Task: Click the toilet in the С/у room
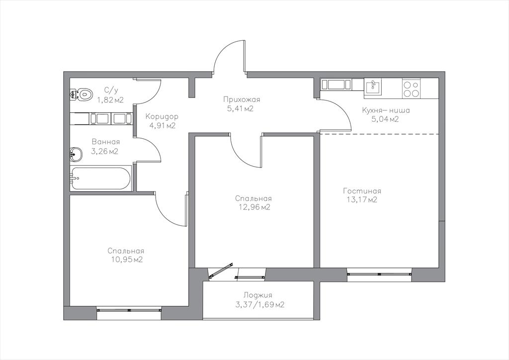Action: pos(81,94)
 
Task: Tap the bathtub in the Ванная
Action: pos(100,178)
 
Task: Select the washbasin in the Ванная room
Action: pos(76,154)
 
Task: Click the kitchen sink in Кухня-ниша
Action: pos(373,86)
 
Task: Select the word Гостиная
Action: pos(362,191)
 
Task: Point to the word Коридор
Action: pos(162,116)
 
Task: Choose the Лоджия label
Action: pos(258,295)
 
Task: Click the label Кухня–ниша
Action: pos(386,110)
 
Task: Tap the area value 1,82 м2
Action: pos(111,99)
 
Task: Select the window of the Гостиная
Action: pos(379,273)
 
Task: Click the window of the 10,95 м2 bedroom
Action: pos(129,310)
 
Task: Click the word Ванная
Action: pos(106,142)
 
